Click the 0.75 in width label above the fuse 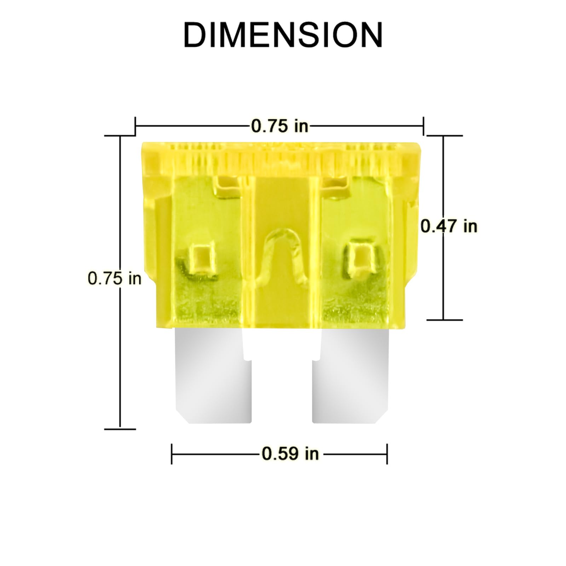coord(279,126)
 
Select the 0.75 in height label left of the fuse coord(114,278)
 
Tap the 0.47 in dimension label coord(449,226)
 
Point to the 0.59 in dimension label coord(290,453)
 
